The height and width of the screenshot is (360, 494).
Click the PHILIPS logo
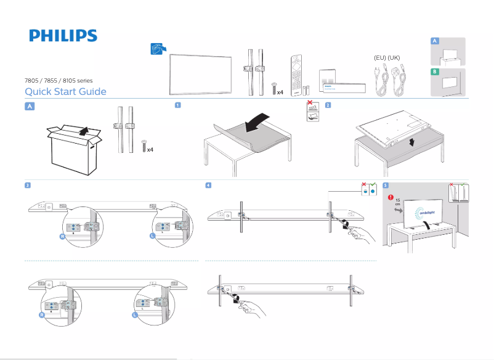[63, 36]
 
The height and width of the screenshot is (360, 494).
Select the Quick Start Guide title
[65, 92]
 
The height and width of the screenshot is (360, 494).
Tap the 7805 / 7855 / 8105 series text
[58, 81]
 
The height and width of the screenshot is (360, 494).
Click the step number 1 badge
[177, 105]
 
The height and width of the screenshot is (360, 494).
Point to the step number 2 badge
[328, 105]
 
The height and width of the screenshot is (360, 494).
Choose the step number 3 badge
[28, 185]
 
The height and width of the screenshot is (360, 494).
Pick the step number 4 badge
[209, 185]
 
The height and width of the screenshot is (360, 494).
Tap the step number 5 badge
[386, 185]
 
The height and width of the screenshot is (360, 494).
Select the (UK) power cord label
[394, 57]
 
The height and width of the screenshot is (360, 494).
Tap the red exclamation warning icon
[390, 198]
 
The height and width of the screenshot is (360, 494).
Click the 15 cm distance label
[398, 203]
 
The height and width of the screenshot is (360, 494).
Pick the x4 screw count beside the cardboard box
[150, 150]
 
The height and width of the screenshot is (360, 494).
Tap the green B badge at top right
[435, 72]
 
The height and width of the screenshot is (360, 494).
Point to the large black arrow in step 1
[257, 121]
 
